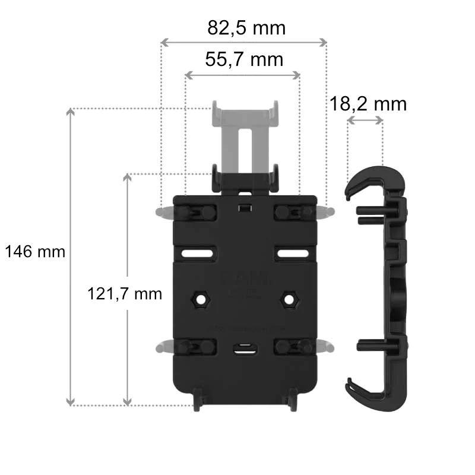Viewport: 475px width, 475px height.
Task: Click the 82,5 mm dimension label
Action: coord(246,28)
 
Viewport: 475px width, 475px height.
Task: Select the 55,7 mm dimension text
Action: coord(243,59)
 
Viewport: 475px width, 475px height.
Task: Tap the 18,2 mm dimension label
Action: coord(368,104)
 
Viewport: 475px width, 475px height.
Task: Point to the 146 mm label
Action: coord(35,252)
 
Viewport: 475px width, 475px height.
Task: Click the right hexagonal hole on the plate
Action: coord(289,299)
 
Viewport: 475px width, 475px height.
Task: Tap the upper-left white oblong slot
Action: coord(197,254)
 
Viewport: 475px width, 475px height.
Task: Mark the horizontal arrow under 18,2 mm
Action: coord(365,121)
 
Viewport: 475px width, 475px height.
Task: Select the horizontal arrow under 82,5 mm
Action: coord(244,42)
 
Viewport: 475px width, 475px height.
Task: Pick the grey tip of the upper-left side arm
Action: coord(161,212)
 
